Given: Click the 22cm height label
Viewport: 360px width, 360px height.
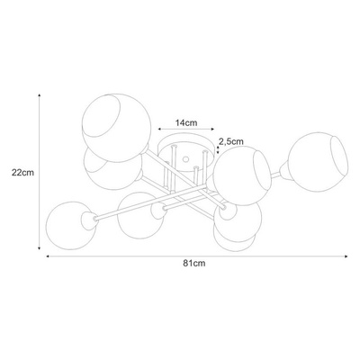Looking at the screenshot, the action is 22,173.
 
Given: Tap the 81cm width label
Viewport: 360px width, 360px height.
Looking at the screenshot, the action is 194,264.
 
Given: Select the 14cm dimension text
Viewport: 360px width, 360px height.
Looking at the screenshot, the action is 186,122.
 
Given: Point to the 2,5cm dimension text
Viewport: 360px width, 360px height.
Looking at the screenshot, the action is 231,141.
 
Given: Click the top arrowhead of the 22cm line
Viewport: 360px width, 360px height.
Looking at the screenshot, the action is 40,95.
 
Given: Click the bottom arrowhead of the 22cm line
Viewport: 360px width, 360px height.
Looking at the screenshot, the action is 40,247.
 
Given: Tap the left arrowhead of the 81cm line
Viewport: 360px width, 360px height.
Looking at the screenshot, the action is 48,256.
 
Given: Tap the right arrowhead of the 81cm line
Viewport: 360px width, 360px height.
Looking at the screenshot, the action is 346,256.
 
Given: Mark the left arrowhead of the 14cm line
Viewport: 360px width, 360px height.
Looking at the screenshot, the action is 160,129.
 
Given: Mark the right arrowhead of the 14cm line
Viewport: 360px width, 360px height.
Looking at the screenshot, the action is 212,129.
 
